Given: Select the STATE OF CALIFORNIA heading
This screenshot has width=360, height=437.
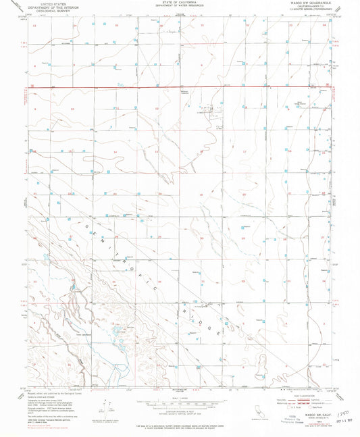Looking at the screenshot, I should tap(180, 3).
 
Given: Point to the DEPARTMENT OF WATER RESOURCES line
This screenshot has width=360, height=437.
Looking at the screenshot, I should tap(180, 7).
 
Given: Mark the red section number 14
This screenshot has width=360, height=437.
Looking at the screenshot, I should tap(115, 152).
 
